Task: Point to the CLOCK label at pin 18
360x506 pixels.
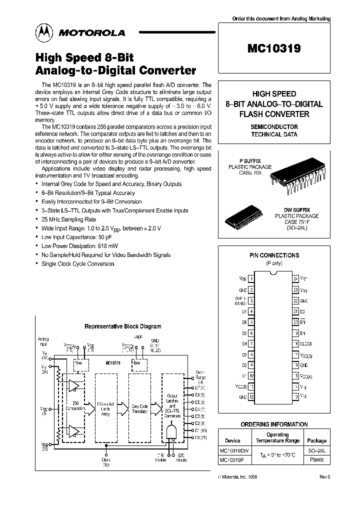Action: (306, 343)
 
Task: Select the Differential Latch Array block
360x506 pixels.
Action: (107, 408)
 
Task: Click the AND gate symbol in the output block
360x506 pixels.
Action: (171, 431)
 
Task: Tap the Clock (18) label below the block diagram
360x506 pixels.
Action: (106, 461)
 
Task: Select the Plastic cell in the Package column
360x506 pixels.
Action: (317, 459)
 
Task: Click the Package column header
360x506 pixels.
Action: (317, 440)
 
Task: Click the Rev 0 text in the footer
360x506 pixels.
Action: (324, 476)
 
